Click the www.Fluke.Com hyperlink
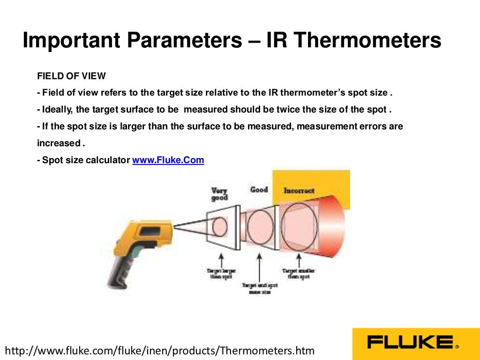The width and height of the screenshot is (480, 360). click(168, 160)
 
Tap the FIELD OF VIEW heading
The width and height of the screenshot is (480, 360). click(71, 76)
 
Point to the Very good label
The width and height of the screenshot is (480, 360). click(219, 194)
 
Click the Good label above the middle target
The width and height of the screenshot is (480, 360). click(259, 189)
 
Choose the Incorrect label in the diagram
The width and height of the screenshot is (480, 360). click(299, 191)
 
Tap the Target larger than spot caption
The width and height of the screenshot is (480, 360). click(221, 273)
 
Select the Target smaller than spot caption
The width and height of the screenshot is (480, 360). click(299, 273)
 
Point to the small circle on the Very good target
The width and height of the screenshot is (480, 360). click(219, 227)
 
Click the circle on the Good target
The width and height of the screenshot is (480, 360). click(260, 227)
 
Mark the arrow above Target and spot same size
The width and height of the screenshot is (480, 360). click(260, 267)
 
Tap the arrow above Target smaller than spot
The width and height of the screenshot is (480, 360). click(299, 259)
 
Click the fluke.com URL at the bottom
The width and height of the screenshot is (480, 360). click(159, 350)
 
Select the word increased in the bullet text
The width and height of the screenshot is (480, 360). click(59, 143)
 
